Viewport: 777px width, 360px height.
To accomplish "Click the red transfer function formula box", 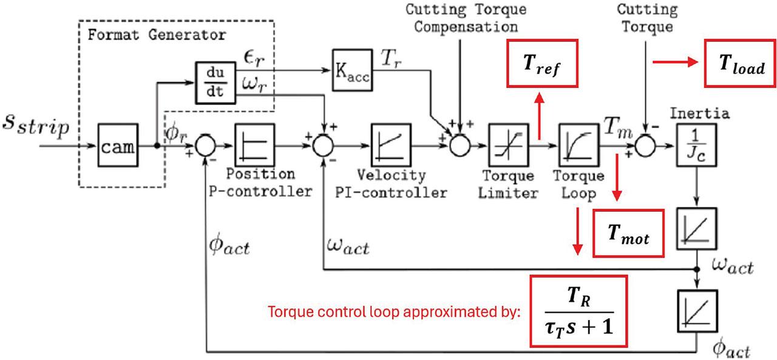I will tap(578, 311).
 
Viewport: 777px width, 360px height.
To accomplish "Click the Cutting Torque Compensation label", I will tap(466, 18).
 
